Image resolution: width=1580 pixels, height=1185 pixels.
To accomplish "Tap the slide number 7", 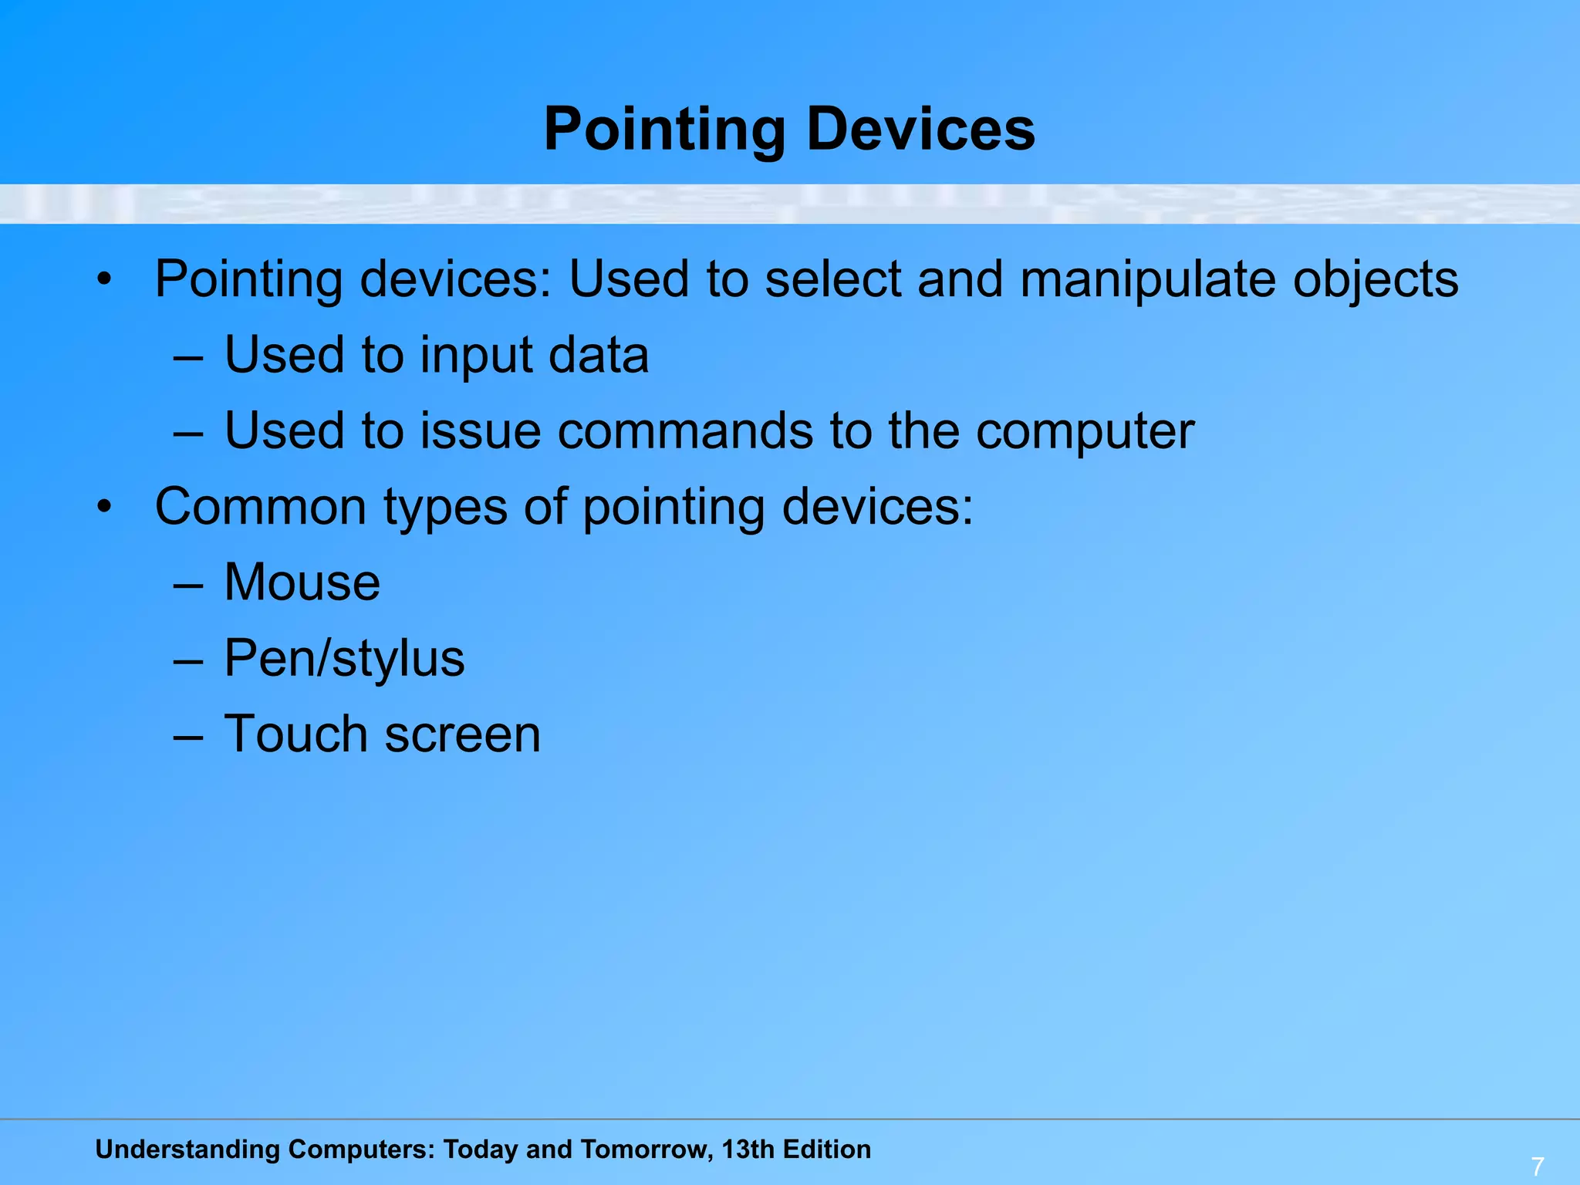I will click(1537, 1166).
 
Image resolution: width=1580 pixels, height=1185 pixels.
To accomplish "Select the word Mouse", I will click(302, 582).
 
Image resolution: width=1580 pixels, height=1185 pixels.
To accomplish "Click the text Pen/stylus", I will click(344, 658).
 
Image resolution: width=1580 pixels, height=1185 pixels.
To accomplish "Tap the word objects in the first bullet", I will click(1376, 279).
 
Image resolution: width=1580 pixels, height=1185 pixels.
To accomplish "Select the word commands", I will click(685, 430).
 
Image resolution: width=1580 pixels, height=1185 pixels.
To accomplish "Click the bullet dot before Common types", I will click(105, 508).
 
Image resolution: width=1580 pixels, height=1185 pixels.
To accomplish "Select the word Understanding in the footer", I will click(187, 1150).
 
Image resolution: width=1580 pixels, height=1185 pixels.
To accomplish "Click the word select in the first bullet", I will click(833, 279).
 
